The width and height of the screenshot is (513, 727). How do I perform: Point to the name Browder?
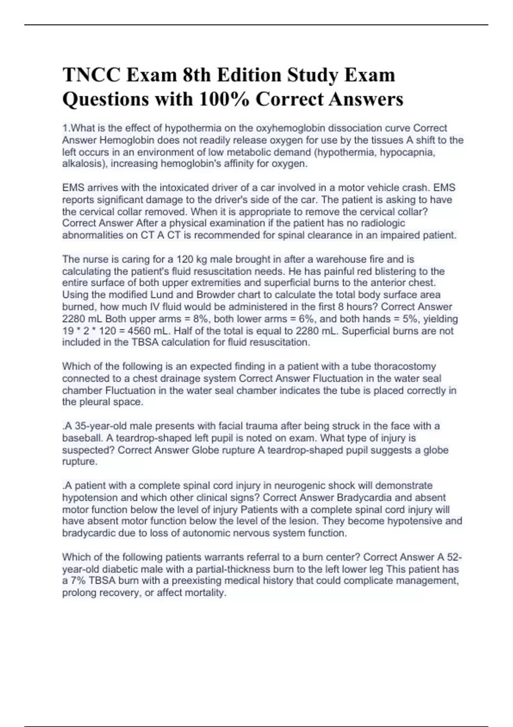pos(218,295)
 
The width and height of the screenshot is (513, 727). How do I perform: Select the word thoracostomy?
pos(405,366)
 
